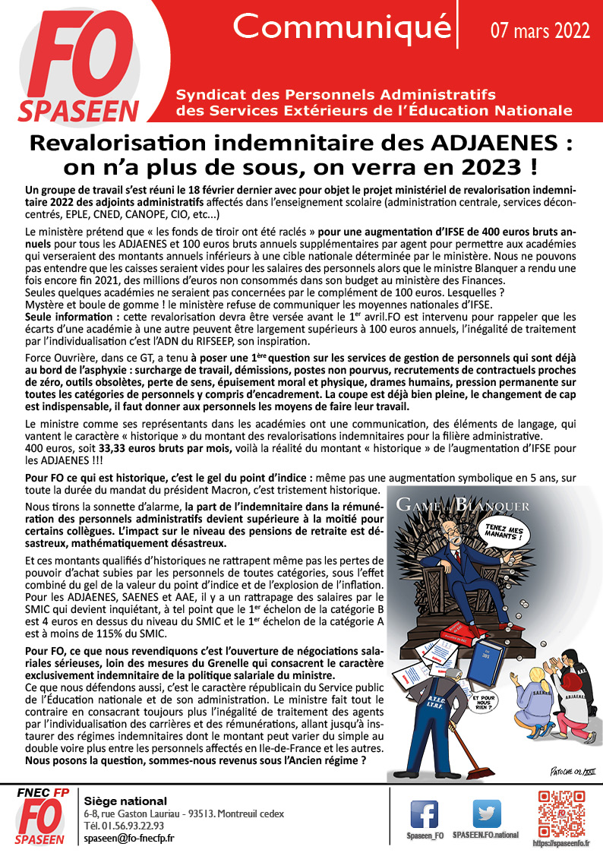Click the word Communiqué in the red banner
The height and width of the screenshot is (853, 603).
point(341,27)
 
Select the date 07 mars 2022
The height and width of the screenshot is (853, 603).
point(540,30)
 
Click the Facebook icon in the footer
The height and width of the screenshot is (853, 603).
point(424,814)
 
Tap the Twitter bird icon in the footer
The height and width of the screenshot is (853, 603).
point(486,814)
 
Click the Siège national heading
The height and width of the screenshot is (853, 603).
point(125,801)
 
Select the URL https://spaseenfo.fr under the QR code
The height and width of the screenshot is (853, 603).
point(562,843)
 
